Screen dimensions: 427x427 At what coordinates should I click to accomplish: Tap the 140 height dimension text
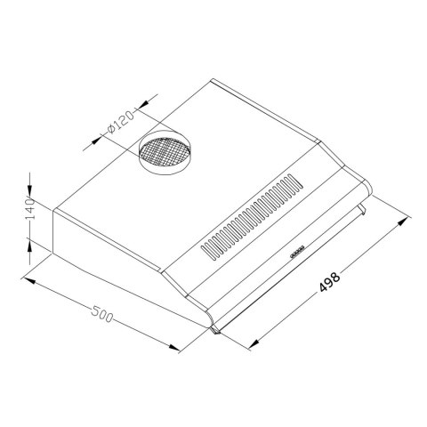[29, 212]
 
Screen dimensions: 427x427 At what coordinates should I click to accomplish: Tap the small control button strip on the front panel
[297, 253]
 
